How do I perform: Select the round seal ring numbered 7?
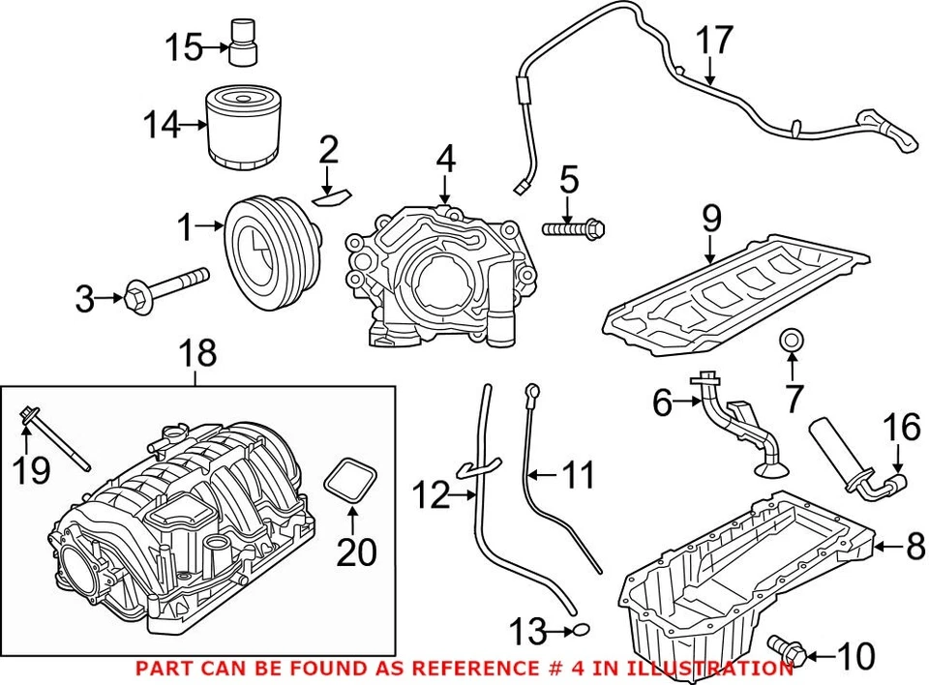pyautogui.click(x=791, y=340)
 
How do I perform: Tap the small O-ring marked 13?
pyautogui.click(x=580, y=633)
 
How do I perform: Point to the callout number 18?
pyautogui.click(x=199, y=354)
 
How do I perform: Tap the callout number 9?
pyautogui.click(x=711, y=221)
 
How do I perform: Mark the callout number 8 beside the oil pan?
pyautogui.click(x=915, y=550)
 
